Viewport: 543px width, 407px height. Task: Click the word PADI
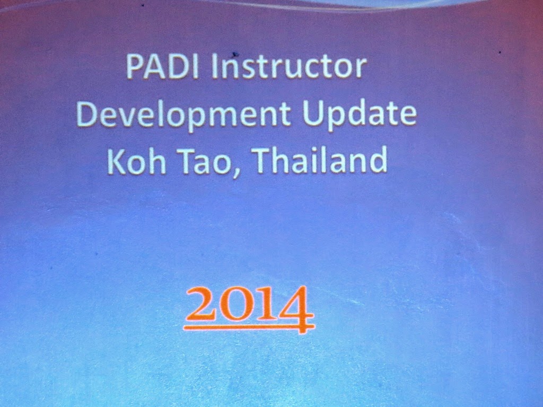click(x=162, y=66)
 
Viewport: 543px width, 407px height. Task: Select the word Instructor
click(x=289, y=66)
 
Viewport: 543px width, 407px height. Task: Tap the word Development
click(x=183, y=114)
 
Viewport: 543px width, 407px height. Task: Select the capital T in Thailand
click(x=266, y=161)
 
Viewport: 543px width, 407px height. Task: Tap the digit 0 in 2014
click(x=237, y=307)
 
